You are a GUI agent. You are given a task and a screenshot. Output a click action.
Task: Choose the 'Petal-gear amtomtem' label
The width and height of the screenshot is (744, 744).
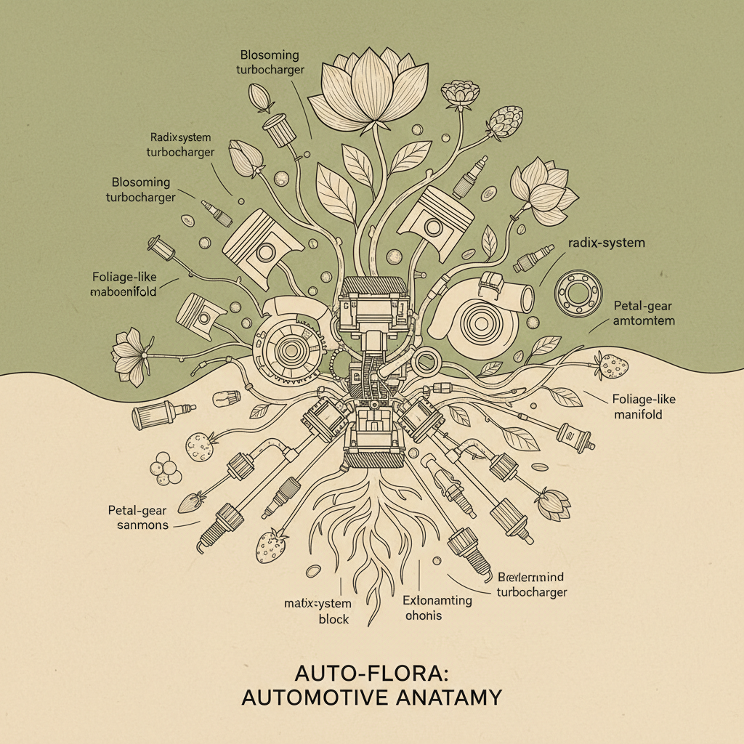pos(643,313)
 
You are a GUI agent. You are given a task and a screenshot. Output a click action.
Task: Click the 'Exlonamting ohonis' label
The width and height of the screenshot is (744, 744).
pos(437,608)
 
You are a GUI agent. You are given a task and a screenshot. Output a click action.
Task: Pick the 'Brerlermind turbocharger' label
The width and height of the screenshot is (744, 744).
pos(531,584)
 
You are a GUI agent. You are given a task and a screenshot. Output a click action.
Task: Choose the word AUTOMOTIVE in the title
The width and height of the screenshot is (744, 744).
pos(312,697)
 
